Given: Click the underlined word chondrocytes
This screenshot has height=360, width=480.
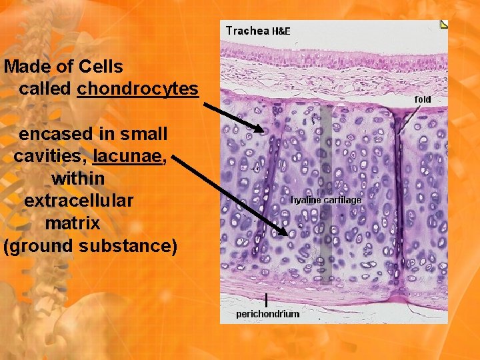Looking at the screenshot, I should click(x=138, y=89).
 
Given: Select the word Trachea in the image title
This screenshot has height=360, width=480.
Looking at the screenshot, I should click(x=247, y=30).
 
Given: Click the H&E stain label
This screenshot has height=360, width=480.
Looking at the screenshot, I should click(x=281, y=31).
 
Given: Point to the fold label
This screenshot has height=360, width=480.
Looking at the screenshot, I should click(x=423, y=99).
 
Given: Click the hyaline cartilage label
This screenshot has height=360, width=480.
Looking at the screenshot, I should click(x=326, y=200).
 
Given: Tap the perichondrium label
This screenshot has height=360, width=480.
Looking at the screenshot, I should click(x=267, y=313).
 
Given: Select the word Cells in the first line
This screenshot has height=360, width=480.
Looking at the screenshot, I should click(x=101, y=67).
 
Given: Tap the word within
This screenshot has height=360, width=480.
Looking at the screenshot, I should click(x=78, y=179).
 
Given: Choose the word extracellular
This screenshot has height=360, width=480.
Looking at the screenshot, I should click(x=78, y=201).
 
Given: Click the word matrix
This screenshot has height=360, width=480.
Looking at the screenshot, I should click(x=73, y=223).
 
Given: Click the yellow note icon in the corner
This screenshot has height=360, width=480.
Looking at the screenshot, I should click(x=444, y=25).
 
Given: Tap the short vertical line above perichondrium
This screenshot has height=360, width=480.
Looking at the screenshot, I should click(x=267, y=299).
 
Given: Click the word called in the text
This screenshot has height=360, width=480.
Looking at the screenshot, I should click(x=46, y=89).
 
